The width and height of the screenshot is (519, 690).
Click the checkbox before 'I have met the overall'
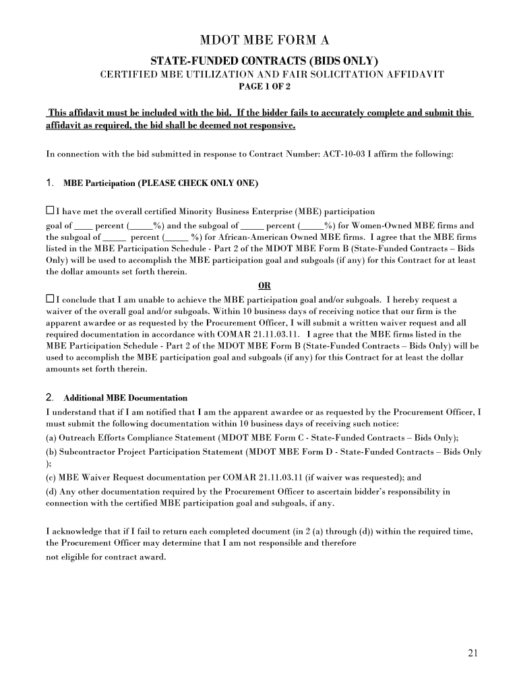click(50, 211)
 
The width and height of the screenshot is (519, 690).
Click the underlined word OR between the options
click(264, 285)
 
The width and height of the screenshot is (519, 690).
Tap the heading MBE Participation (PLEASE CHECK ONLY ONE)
click(160, 183)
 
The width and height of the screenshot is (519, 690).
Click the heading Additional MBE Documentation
click(125, 398)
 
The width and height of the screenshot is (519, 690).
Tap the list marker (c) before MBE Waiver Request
click(51, 478)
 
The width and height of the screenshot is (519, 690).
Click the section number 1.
click(49, 183)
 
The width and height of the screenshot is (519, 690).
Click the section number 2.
click(49, 397)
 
